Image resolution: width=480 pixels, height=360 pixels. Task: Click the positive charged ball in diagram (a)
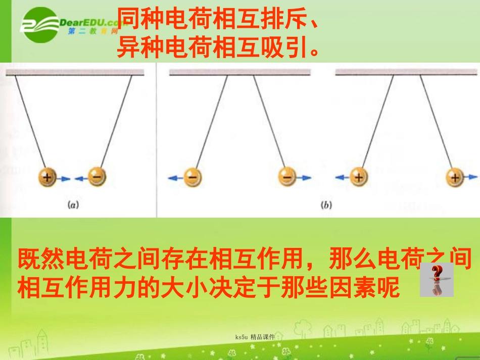[47, 177]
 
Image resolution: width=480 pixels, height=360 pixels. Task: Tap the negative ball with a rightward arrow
[286, 177]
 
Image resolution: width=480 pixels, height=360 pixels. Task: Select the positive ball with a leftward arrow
[359, 177]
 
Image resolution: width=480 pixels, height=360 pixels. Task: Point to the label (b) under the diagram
[326, 205]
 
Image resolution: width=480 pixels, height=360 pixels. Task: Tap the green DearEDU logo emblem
[40, 25]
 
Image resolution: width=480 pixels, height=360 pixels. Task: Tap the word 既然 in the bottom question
[36, 260]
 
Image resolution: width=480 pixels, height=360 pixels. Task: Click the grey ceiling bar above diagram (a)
[74, 72]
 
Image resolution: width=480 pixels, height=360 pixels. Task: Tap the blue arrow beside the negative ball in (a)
[81, 178]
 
